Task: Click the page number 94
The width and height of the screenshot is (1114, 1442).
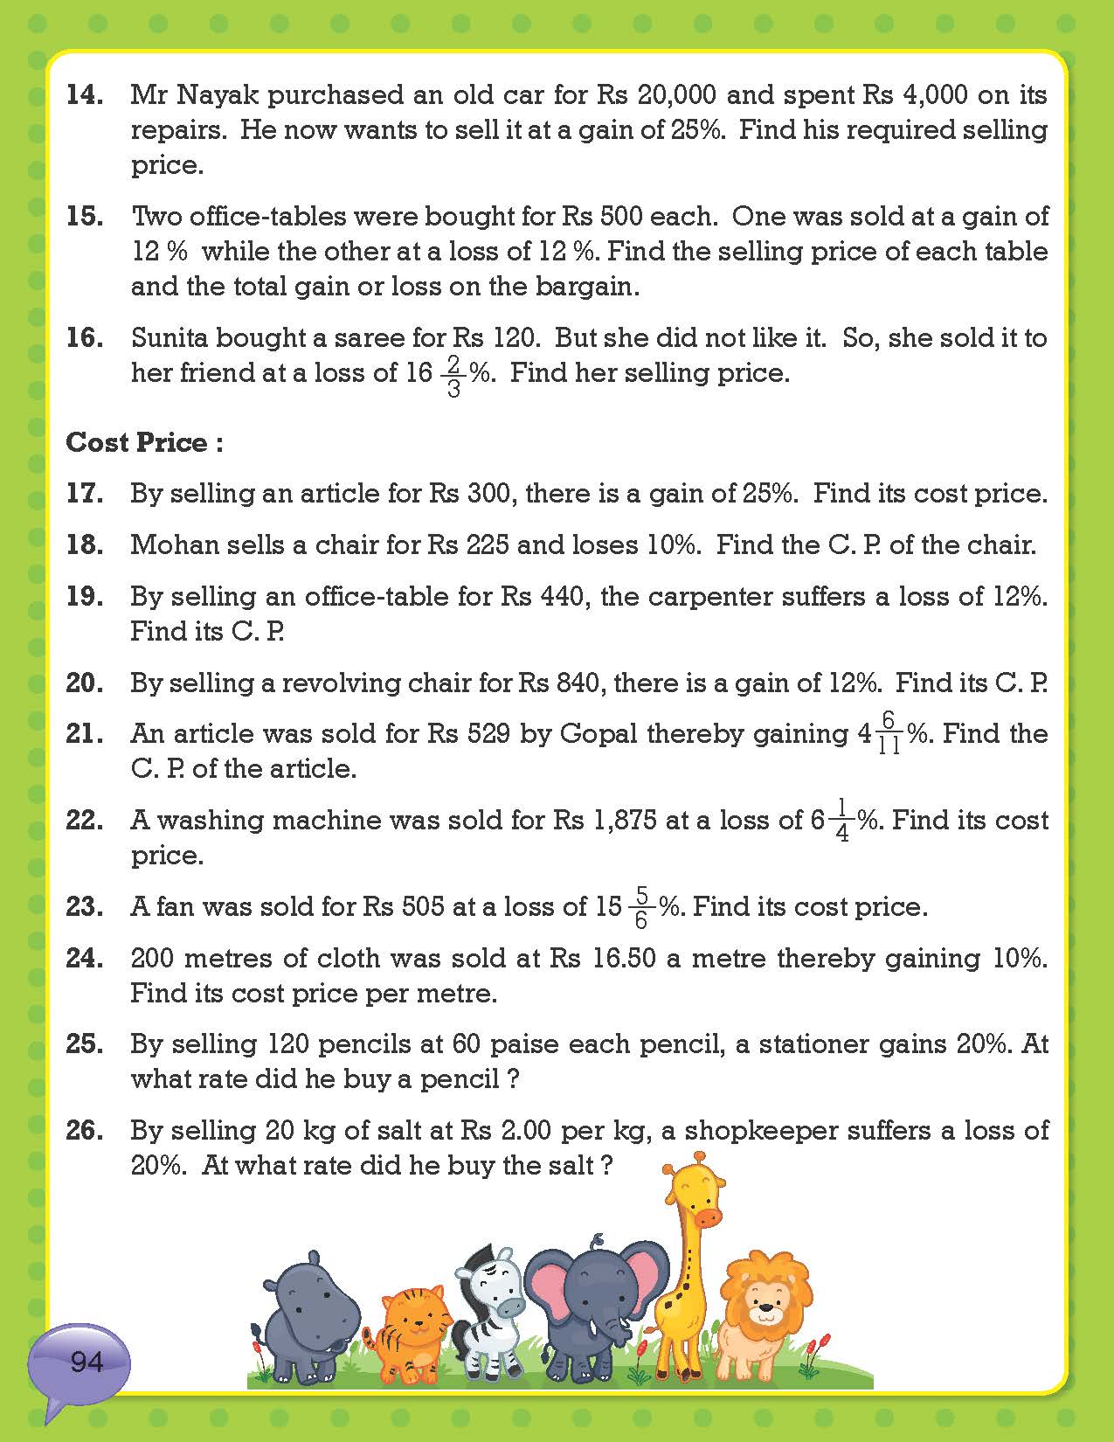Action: tap(86, 1362)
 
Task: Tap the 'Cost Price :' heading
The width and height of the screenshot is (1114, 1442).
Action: tap(144, 442)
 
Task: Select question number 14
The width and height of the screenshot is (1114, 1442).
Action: tap(85, 94)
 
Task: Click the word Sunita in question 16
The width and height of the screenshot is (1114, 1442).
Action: tap(170, 337)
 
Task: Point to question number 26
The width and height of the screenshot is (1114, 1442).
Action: tap(85, 1130)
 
